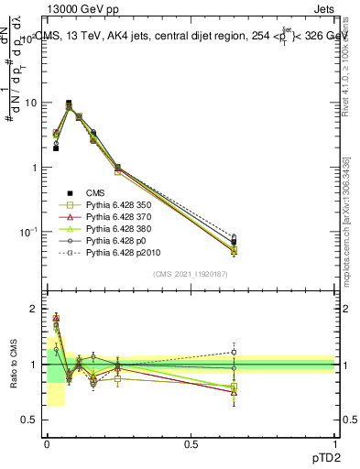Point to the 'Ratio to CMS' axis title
point(13,365)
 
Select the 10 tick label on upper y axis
point(32,103)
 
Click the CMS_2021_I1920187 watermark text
point(191,274)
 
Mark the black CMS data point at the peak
point(69,104)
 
